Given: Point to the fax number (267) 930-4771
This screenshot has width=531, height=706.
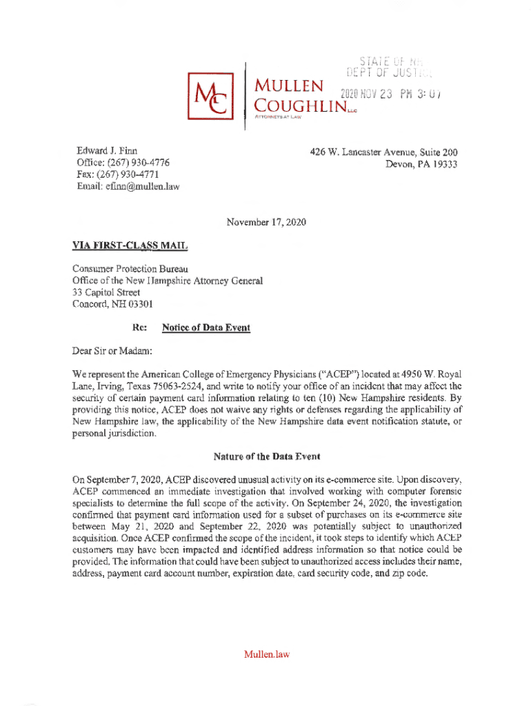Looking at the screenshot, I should pyautogui.click(x=135, y=174).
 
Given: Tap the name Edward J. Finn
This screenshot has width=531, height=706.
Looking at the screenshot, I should pyautogui.click(x=107, y=151).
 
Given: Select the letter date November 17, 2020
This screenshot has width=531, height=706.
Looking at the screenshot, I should pyautogui.click(x=266, y=222).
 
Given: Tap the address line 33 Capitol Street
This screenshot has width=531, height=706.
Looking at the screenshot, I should pyautogui.click(x=104, y=292).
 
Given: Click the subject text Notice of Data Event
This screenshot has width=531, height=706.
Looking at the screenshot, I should pyautogui.click(x=206, y=328).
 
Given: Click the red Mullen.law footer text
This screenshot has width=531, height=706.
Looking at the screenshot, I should pyautogui.click(x=266, y=654).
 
